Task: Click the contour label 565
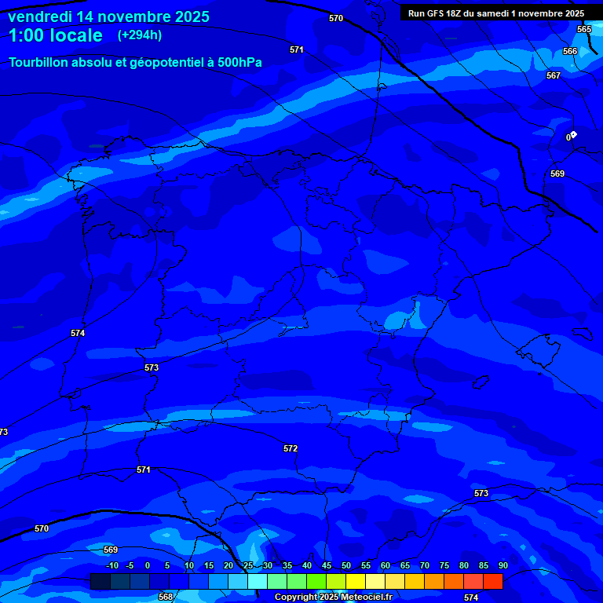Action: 584,29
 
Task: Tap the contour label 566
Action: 570,51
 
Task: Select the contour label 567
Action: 554,75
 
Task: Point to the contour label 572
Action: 291,448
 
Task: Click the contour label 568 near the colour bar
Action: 166,597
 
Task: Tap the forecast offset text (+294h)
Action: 140,35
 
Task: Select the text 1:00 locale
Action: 56,36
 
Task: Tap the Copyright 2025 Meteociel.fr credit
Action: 333,598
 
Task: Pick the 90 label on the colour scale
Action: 502,565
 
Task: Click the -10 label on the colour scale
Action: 111,565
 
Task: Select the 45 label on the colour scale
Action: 326,565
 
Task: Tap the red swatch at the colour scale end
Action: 492,581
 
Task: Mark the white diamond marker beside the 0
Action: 574,134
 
